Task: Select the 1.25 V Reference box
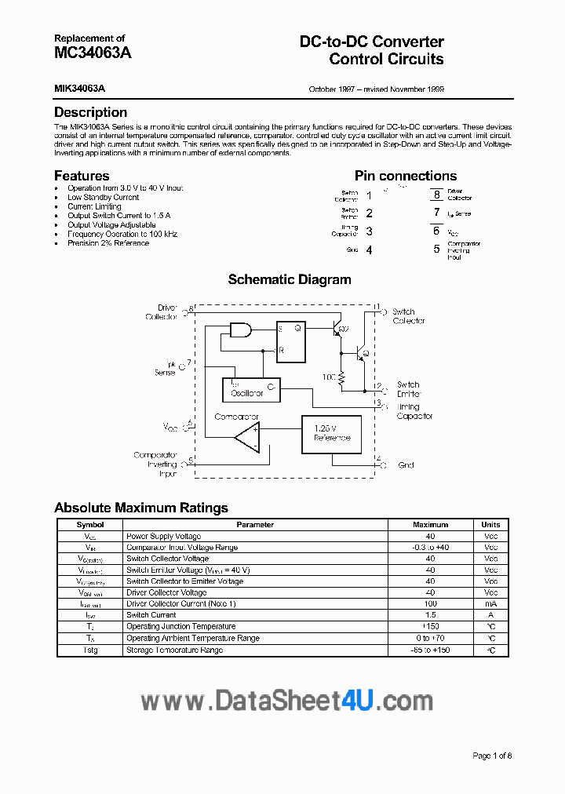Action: (331, 433)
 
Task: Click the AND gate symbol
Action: (240, 331)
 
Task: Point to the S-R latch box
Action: (290, 342)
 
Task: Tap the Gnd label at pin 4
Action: (406, 465)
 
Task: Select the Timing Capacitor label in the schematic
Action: (414, 412)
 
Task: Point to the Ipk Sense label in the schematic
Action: (166, 368)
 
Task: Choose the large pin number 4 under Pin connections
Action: (369, 250)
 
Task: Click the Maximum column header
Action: (430, 525)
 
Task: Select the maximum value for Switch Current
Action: (430, 615)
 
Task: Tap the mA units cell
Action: (490, 604)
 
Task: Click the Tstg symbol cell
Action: (90, 650)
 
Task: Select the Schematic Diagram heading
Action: (290, 279)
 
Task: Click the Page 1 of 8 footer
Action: (492, 756)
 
